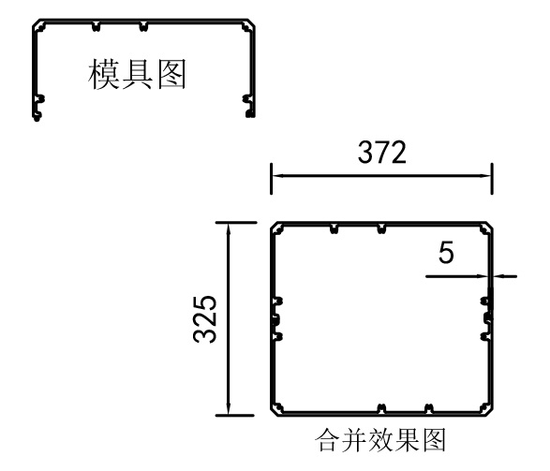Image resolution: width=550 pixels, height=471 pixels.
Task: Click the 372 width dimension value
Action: [382, 152]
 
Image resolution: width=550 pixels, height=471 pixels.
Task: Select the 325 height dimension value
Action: [205, 319]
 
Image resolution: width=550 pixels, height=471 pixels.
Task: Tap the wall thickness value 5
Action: [446, 252]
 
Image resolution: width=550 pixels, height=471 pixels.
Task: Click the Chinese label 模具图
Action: [137, 74]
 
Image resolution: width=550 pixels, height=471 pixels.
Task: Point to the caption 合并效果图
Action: [380, 439]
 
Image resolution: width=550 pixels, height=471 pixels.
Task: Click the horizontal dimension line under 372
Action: [381, 176]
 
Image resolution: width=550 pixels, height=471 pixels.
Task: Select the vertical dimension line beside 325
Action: [229, 319]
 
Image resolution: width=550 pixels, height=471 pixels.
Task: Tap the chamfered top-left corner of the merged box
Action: [275, 227]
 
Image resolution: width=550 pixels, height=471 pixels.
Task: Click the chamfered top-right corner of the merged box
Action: [488, 227]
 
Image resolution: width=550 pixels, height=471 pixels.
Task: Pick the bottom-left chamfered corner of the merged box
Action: [275, 411]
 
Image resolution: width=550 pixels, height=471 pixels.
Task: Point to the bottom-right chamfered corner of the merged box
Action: [488, 411]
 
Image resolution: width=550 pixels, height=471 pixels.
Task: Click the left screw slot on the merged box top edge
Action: [334, 229]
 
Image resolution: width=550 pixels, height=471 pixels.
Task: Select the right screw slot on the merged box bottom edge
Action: [428, 408]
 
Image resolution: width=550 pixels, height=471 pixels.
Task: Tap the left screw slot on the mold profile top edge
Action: [97, 26]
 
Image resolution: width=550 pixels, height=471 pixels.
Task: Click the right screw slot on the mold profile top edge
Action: [143, 26]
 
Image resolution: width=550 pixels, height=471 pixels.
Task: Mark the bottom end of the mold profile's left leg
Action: [37, 118]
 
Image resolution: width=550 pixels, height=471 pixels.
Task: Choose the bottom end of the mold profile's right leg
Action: [251, 114]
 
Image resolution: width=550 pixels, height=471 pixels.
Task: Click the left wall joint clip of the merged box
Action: [276, 319]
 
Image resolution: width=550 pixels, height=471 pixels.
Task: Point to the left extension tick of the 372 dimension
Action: [271, 179]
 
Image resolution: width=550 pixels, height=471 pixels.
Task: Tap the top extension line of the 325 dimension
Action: [236, 222]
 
